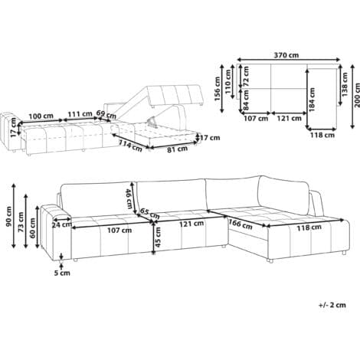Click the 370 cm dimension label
tap(286, 55)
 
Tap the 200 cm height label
tap(357, 95)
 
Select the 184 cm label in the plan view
tap(312, 100)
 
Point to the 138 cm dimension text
tap(345, 84)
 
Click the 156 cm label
tap(218, 89)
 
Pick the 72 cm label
tap(246, 76)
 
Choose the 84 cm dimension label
tap(246, 100)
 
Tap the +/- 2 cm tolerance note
tap(332, 305)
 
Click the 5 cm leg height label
tap(62, 273)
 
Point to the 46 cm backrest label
tap(129, 199)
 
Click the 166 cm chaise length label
tap(241, 224)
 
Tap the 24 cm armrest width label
tap(62, 224)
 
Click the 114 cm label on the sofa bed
tap(130, 146)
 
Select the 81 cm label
tap(177, 149)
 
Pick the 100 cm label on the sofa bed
tap(41, 116)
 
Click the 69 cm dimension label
tap(106, 115)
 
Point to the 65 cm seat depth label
tap(150, 214)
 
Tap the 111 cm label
tap(80, 114)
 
